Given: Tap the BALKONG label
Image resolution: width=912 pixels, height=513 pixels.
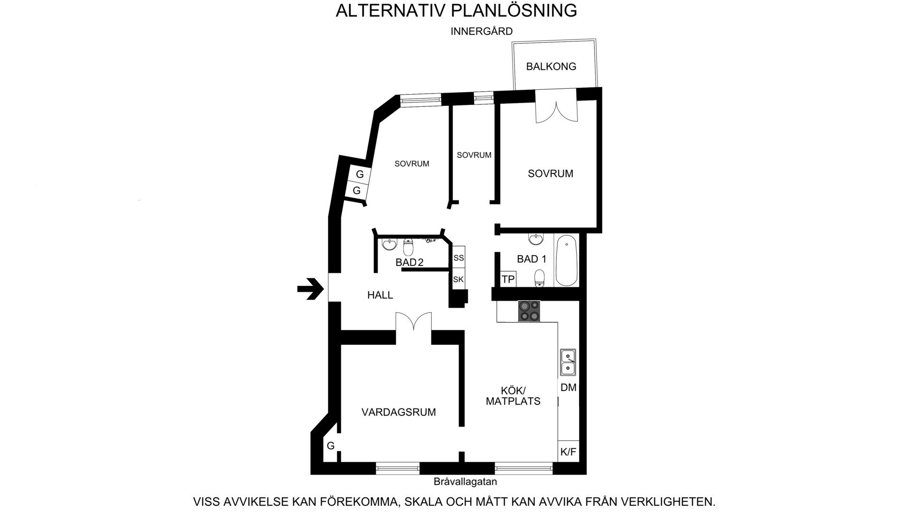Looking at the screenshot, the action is [x=551, y=66].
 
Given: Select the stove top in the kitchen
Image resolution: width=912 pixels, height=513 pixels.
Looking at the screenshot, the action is [x=529, y=311].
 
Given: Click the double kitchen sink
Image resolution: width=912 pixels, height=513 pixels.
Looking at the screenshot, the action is [x=568, y=362].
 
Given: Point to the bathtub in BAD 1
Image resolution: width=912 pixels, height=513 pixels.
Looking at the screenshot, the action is [x=566, y=261].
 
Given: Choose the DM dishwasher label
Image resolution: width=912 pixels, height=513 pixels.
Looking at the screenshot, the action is [x=568, y=388].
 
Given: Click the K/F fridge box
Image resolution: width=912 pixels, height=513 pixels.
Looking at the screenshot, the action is [x=568, y=452].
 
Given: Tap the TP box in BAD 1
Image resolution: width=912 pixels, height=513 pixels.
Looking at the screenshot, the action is [x=508, y=279].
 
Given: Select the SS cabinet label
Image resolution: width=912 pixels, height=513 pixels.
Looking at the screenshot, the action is [x=458, y=258].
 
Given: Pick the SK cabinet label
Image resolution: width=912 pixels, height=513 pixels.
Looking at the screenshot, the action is [x=458, y=279].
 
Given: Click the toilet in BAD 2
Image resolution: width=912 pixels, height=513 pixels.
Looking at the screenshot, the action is [x=408, y=247].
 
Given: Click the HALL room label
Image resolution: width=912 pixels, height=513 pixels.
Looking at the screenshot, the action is [x=380, y=295].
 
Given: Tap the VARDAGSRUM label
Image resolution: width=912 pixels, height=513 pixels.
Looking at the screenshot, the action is [x=399, y=412].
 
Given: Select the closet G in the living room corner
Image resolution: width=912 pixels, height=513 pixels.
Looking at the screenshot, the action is [x=331, y=446].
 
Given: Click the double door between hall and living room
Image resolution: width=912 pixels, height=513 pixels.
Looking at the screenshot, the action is [x=414, y=321].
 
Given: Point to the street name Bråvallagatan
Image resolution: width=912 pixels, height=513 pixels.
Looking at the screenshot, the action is [x=465, y=482].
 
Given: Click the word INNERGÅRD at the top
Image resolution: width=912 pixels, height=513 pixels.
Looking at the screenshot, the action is [x=482, y=31].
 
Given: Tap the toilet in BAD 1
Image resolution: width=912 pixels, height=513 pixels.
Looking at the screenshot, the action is [x=540, y=278].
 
